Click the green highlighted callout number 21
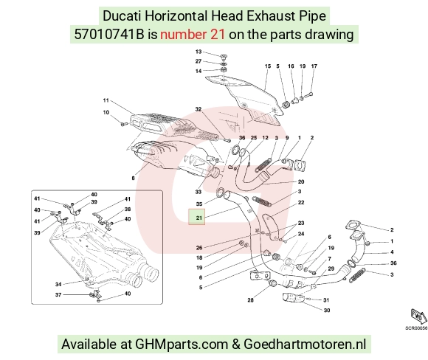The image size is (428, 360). [199, 218]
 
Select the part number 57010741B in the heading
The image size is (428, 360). [109, 35]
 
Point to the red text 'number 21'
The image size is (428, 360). [193, 35]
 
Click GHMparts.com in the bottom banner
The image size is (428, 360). [182, 345]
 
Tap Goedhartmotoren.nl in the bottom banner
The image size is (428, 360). [305, 345]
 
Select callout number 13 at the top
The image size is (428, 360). [199, 52]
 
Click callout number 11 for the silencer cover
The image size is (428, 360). [106, 100]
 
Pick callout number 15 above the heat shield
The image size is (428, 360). [268, 66]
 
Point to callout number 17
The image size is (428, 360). [314, 66]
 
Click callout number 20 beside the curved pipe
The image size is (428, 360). [301, 181]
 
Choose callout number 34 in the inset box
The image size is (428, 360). [58, 285]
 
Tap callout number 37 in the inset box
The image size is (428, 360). [58, 295]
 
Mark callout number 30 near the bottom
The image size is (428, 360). [327, 311]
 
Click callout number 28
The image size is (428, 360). [251, 300]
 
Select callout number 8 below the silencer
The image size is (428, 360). [134, 179]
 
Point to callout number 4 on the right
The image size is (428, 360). [392, 252]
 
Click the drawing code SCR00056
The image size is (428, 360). [416, 328]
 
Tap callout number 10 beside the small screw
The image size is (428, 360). [106, 112]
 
